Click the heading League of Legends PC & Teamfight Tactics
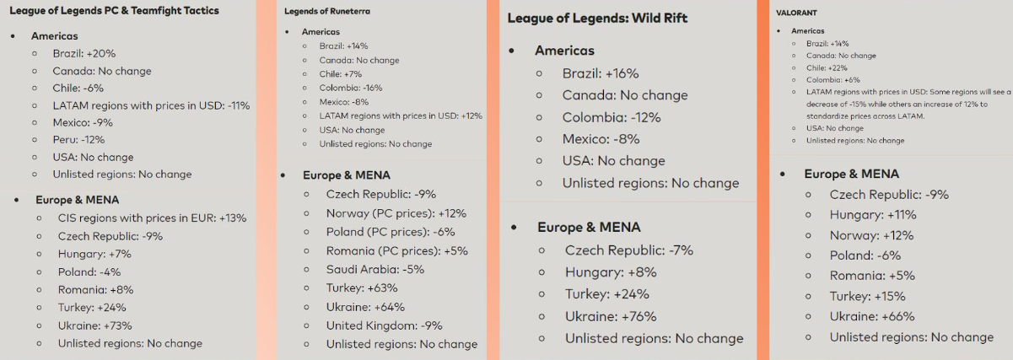tap(114, 11)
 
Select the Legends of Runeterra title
tap(327, 12)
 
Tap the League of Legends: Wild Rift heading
tap(597, 19)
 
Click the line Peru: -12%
tap(78, 140)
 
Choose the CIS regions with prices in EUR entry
tap(152, 218)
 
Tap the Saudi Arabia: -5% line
tap(374, 270)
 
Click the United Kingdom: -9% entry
tap(384, 325)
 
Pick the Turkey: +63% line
tap(363, 288)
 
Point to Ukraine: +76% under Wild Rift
tap(611, 316)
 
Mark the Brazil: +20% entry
tap(84, 53)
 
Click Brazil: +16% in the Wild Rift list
tap(601, 73)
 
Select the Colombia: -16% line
tap(350, 88)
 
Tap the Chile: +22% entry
tap(827, 67)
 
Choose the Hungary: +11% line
tap(872, 215)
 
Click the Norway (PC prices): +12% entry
tap(396, 213)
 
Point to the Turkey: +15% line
tap(867, 296)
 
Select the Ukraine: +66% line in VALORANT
tap(871, 316)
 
